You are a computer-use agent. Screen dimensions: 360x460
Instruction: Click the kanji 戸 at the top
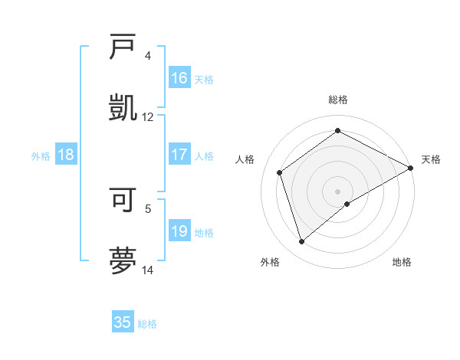[x=123, y=47]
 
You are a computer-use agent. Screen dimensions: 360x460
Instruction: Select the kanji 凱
[x=123, y=107]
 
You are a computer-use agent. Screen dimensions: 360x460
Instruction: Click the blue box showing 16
[x=179, y=78]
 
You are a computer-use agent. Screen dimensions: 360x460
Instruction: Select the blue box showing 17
[x=179, y=155]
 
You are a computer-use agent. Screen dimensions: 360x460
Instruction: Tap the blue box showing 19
[x=179, y=231]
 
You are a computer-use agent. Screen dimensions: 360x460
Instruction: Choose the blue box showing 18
[x=66, y=155]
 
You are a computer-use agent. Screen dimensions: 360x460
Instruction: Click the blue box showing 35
[x=123, y=322]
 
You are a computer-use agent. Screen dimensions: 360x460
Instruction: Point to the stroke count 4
[x=148, y=56]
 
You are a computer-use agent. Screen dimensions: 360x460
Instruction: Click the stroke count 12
[x=148, y=117]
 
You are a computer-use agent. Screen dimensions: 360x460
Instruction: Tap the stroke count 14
[x=148, y=270]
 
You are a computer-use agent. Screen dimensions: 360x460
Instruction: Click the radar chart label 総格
[x=338, y=100]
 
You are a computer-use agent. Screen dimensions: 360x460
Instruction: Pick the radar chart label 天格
[x=431, y=159]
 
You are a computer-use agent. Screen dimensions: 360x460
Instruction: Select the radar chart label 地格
[x=402, y=262]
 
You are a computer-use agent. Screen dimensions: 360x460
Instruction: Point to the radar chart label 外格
[x=270, y=262]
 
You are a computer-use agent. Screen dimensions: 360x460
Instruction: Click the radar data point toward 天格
[x=411, y=168]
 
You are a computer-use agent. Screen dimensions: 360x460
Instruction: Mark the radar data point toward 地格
[x=347, y=204]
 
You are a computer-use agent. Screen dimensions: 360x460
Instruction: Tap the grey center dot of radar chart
[x=338, y=191]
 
